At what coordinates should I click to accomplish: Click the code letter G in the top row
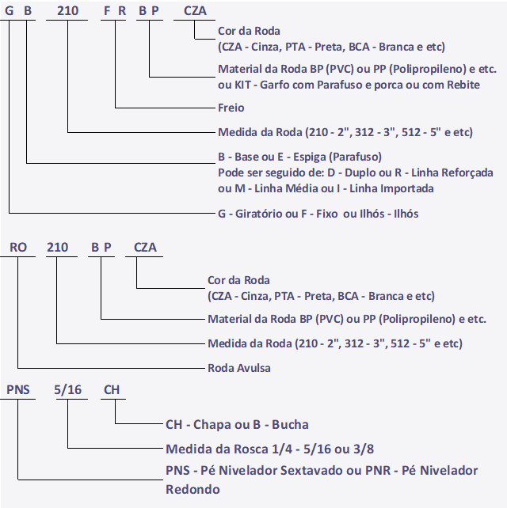tap(10, 10)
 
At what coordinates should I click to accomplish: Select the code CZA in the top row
tap(194, 10)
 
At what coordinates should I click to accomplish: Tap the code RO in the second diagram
tap(19, 247)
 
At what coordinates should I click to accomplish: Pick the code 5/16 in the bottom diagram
tap(68, 390)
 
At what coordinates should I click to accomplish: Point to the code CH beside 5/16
tap(112, 390)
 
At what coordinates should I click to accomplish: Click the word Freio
tap(231, 108)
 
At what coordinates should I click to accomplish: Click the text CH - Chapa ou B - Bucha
tap(237, 425)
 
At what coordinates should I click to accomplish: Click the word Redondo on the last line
tap(193, 489)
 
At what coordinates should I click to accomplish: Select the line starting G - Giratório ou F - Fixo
tap(318, 214)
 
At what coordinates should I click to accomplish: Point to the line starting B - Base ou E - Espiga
tap(299, 156)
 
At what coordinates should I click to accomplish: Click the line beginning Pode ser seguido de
tap(355, 172)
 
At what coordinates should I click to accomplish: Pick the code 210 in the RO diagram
tap(57, 247)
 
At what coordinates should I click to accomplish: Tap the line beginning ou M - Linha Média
tap(326, 188)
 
